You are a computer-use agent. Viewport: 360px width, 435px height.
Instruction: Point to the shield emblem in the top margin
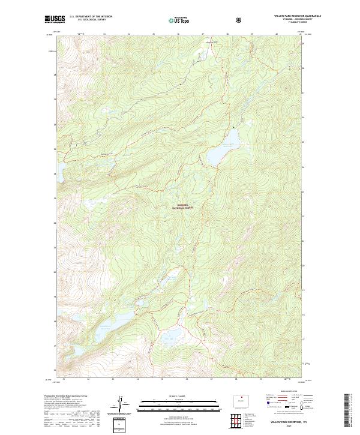tap(239, 20)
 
